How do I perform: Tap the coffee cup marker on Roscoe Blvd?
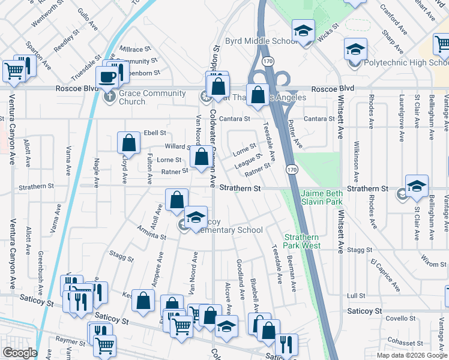click(109, 77)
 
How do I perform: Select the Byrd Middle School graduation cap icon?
click(304, 31)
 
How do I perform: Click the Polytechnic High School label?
click(406, 62)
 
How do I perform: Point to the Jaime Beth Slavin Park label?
click(322, 198)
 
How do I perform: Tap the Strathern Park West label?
click(302, 241)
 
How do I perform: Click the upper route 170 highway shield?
click(268, 61)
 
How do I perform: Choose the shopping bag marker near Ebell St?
click(128, 143)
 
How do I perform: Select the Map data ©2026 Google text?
click(412, 355)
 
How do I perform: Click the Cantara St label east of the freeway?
click(319, 119)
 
